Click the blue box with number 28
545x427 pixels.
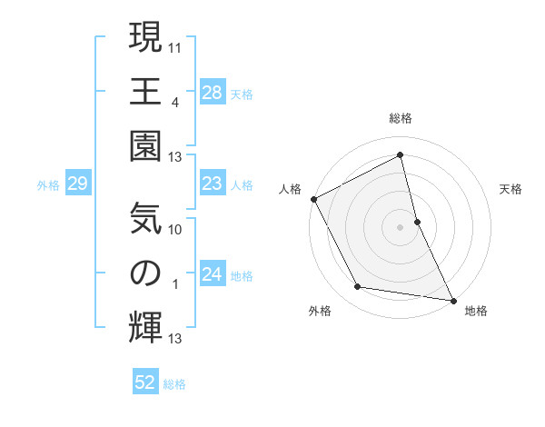click(212, 93)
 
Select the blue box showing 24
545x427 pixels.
click(212, 275)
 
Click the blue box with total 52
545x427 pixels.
click(145, 383)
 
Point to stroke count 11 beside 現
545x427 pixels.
click(175, 45)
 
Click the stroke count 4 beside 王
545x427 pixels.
click(174, 101)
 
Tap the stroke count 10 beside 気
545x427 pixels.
click(175, 229)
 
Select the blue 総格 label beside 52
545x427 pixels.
click(174, 384)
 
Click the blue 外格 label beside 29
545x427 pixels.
click(48, 185)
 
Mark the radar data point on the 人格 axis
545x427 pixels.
click(313, 199)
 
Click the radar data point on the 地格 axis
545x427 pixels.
click(452, 300)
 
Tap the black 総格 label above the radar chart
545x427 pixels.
click(401, 118)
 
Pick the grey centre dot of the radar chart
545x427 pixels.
click(401, 227)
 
